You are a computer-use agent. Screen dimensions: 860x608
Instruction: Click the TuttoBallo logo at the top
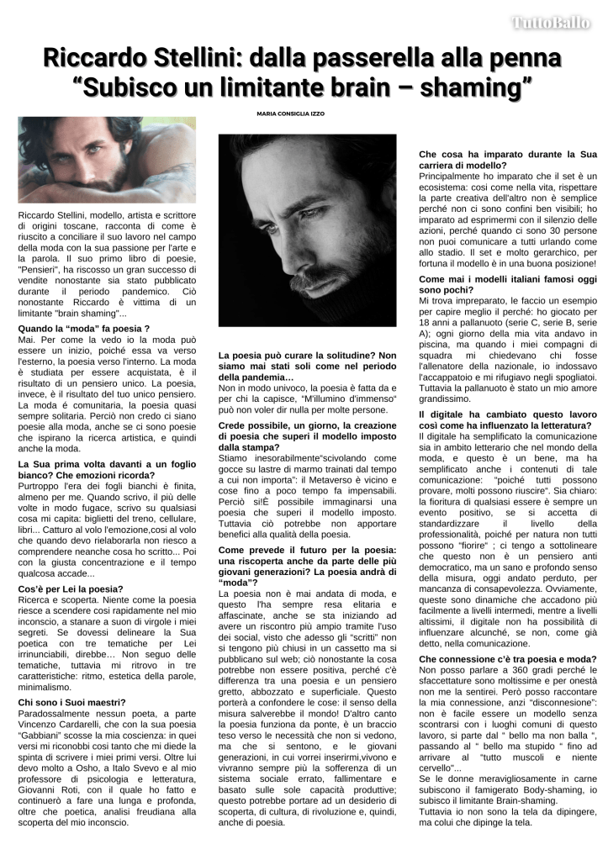tap(552, 23)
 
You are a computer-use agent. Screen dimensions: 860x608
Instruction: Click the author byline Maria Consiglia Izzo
tap(290, 113)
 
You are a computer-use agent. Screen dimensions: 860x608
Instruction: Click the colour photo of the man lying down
tap(107, 159)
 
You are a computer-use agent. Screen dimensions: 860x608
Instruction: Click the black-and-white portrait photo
tap(307, 230)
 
